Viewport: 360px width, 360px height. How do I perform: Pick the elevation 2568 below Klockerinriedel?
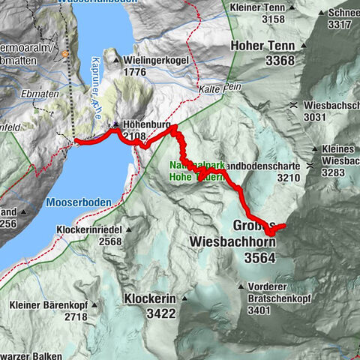point(109,241)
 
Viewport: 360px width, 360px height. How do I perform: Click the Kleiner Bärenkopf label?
point(49,305)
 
